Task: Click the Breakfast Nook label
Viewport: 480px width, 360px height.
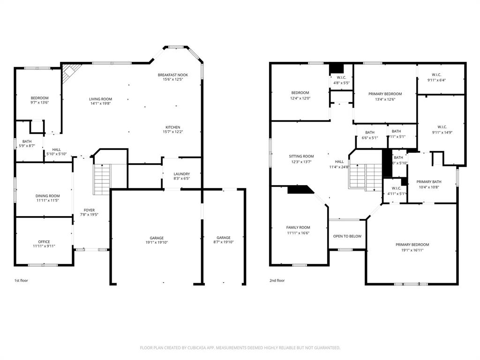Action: pyautogui.click(x=172, y=75)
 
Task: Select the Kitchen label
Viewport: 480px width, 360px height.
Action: pyautogui.click(x=172, y=127)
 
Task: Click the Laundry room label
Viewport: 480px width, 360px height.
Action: pyautogui.click(x=181, y=174)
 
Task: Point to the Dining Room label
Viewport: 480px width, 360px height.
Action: pyautogui.click(x=48, y=196)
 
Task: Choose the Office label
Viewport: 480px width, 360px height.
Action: pyautogui.click(x=44, y=242)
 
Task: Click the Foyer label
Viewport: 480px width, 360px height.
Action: pyautogui.click(x=89, y=210)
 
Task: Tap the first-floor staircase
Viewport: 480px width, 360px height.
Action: pyautogui.click(x=102, y=180)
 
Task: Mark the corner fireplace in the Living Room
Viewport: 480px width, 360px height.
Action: pyautogui.click(x=70, y=73)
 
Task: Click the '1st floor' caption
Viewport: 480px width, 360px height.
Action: pyautogui.click(x=22, y=280)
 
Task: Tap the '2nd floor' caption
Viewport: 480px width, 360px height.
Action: pyautogui.click(x=277, y=280)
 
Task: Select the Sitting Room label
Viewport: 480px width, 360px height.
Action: pyautogui.click(x=301, y=156)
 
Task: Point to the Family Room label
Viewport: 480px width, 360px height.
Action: pyautogui.click(x=298, y=227)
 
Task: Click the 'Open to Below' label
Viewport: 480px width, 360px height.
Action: pyautogui.click(x=347, y=236)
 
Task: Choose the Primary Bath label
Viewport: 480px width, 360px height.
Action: pyautogui.click(x=429, y=182)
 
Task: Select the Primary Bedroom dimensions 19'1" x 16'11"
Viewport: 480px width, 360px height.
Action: pyautogui.click(x=412, y=250)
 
